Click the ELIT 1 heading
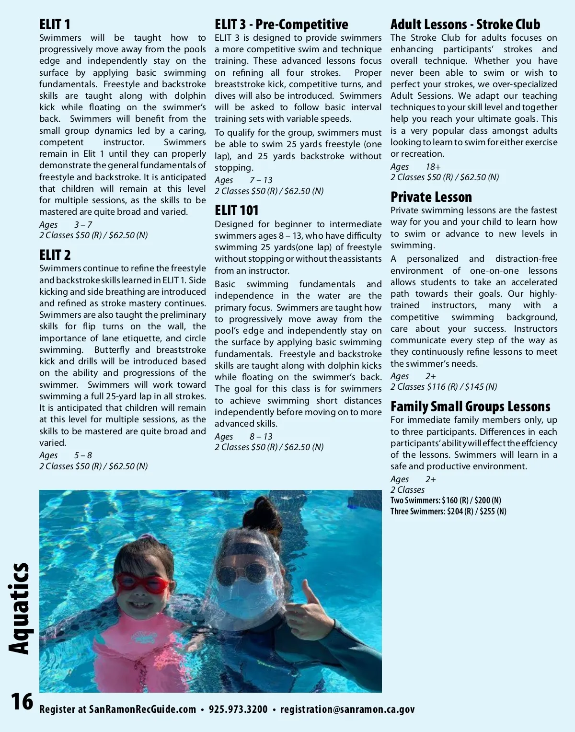coord(55,24)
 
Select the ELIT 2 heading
coord(55,255)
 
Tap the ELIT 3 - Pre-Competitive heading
coord(281,24)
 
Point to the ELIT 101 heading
coord(236,210)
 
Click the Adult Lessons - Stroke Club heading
coord(465,24)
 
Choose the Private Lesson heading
coord(431,197)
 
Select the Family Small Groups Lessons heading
coord(470,407)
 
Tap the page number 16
coord(22,702)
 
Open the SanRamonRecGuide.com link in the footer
coord(142,709)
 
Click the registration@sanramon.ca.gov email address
coord(347,709)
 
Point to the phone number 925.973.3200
coord(238,709)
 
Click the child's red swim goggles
coord(142,583)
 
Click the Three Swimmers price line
coord(448,511)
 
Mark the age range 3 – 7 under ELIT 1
coord(83,225)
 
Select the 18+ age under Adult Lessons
coord(433,167)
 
